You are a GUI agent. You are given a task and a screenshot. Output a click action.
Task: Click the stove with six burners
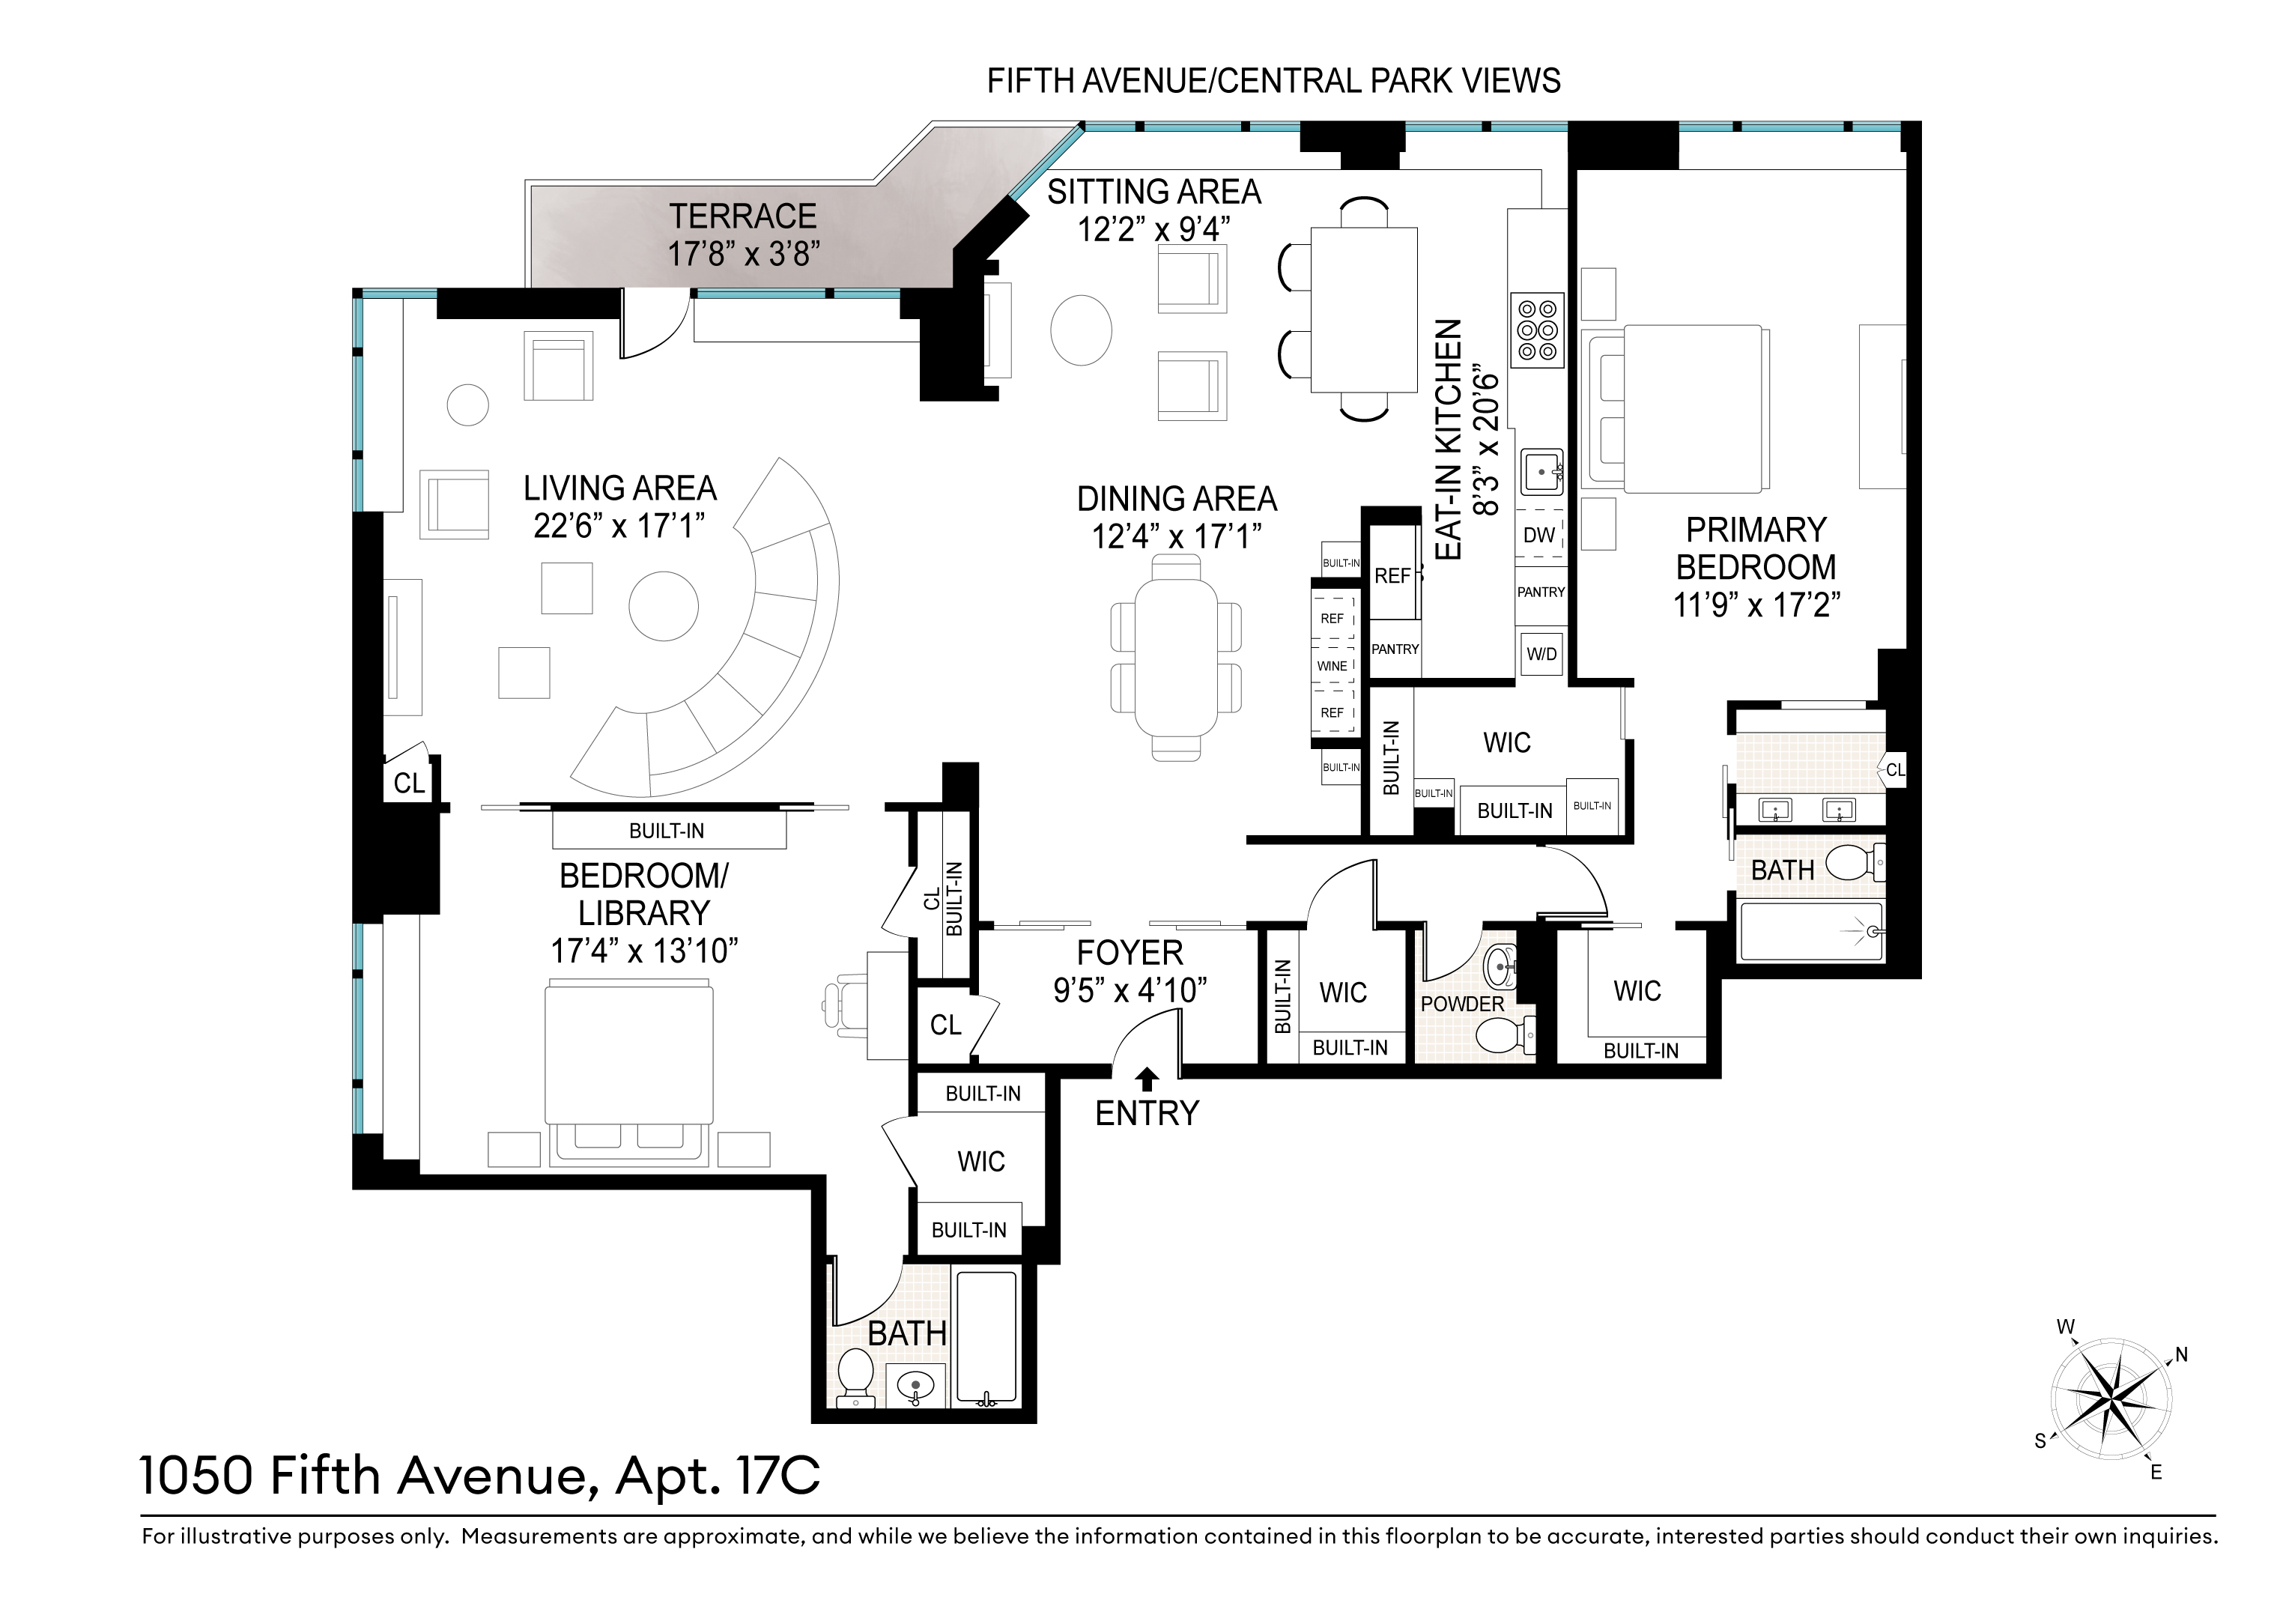[1536, 329]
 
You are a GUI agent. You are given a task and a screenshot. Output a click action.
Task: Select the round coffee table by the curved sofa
[664, 606]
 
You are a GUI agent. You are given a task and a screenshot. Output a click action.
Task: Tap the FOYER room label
[1130, 954]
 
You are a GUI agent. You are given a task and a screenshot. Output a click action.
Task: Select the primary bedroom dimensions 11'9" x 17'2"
[1756, 604]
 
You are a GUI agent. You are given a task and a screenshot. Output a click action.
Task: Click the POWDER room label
[1462, 1005]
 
